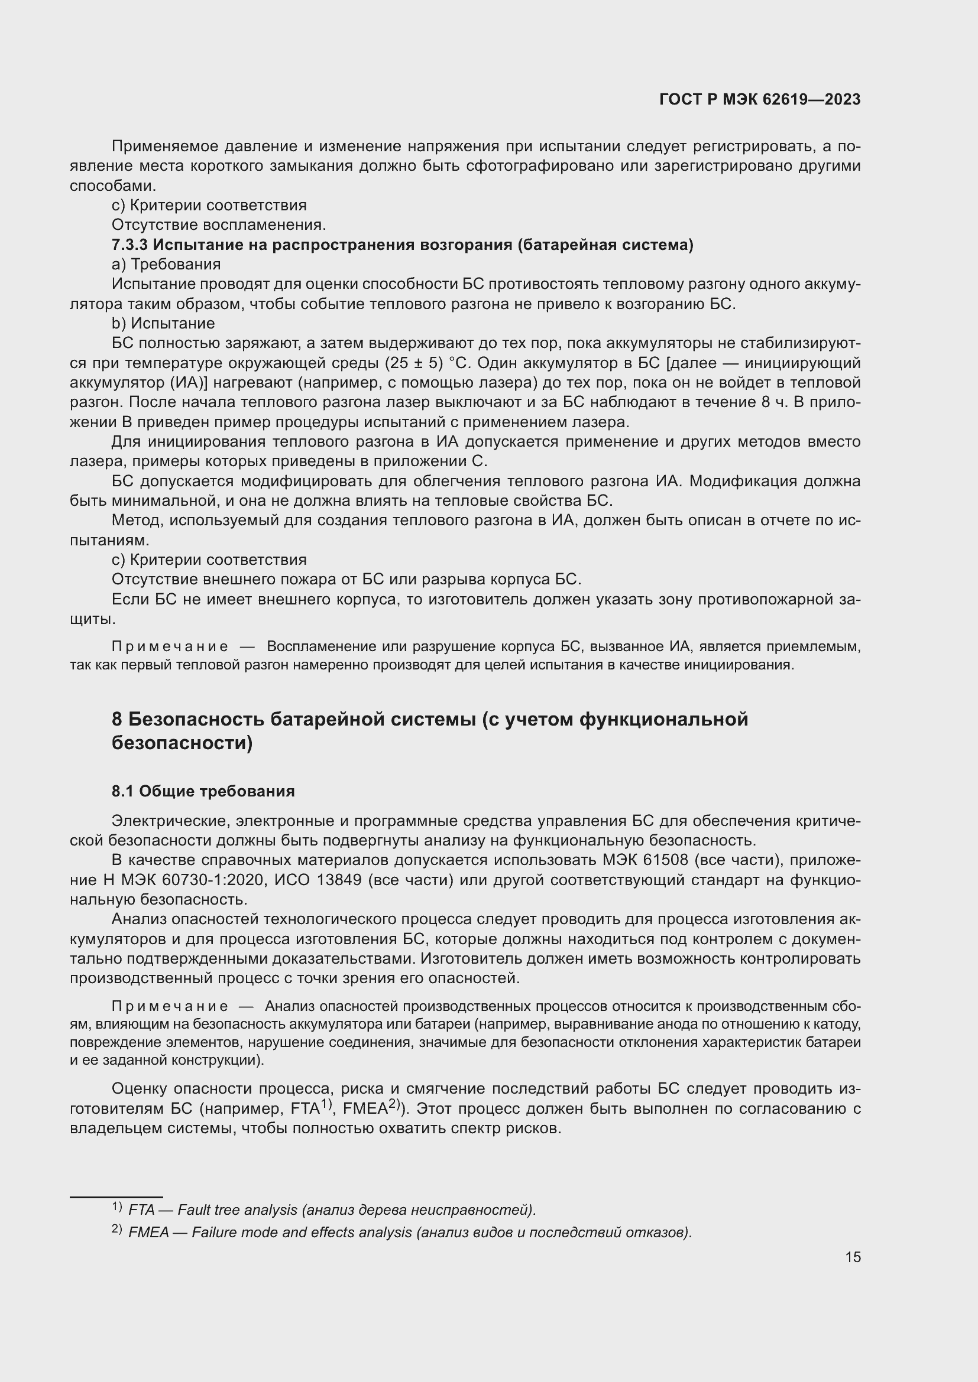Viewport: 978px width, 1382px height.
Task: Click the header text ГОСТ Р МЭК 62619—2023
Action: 760,99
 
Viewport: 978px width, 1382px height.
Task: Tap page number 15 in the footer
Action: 853,1257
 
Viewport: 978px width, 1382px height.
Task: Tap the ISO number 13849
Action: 339,880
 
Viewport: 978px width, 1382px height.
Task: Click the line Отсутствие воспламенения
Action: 219,225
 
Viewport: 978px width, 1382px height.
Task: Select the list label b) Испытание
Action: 163,323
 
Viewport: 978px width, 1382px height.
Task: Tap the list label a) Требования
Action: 166,264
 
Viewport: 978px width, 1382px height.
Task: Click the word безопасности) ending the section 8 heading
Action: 182,743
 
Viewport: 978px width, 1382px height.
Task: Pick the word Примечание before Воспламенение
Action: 170,646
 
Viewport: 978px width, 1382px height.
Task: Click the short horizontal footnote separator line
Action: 116,1197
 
